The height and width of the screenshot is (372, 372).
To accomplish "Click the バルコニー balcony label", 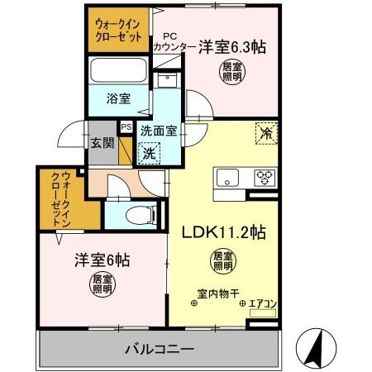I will click(160, 348).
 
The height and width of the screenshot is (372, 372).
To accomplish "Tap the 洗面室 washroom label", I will click(157, 130).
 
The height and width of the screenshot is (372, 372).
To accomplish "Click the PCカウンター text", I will click(174, 42).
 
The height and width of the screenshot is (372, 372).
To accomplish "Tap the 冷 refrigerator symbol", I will click(267, 133).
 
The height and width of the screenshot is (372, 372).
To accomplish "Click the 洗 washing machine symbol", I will click(150, 152).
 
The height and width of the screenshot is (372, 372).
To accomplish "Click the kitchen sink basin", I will click(228, 178).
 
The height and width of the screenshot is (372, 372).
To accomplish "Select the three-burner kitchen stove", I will click(265, 177).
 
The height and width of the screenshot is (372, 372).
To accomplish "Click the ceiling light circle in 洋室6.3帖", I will click(231, 73).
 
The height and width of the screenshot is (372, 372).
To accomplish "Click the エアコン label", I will click(263, 304).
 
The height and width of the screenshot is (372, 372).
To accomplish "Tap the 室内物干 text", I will click(217, 293).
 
